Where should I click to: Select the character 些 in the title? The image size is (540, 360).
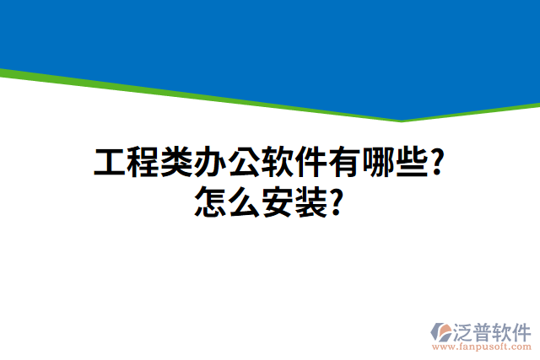tap(413, 163)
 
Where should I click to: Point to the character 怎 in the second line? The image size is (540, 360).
tap(210, 203)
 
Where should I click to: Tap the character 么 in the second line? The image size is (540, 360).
tap(244, 203)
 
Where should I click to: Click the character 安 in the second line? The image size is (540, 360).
tap(278, 203)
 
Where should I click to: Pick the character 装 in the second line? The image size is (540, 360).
tap(311, 203)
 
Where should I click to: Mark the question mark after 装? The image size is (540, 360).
tap(336, 203)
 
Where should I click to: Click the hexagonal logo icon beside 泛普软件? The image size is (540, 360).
tap(441, 332)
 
